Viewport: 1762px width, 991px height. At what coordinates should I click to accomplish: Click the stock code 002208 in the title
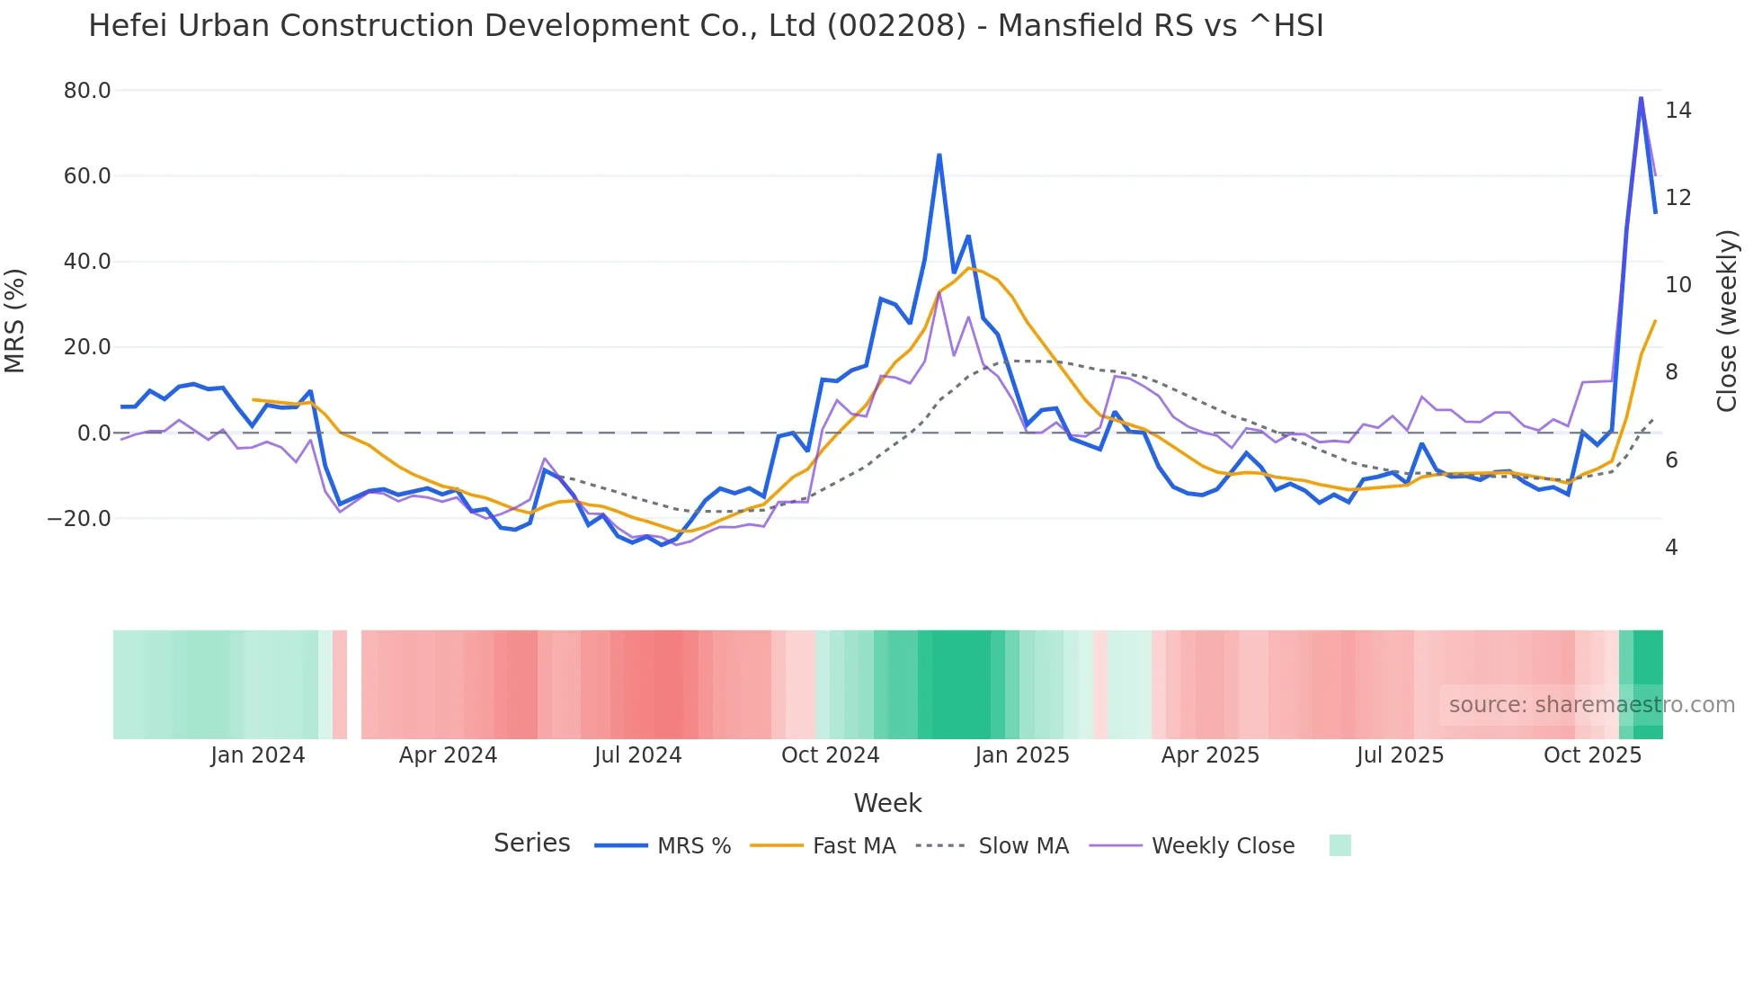point(895,26)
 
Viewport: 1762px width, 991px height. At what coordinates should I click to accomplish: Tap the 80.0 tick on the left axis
point(87,91)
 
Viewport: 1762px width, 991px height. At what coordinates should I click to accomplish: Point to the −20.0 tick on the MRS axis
point(80,519)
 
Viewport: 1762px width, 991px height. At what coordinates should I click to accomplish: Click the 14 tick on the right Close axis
point(1677,111)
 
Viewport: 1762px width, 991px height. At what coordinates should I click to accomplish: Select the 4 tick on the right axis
point(1671,548)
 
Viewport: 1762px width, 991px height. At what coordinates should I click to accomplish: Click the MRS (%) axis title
point(15,321)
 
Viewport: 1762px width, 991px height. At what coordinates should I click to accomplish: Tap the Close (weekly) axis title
point(1726,321)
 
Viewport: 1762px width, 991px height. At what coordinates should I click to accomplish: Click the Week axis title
point(887,803)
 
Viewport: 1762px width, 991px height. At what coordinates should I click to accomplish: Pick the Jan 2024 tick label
point(258,755)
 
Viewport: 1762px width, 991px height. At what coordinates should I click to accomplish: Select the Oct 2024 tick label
point(830,755)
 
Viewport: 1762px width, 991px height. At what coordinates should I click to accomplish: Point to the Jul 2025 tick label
point(1400,755)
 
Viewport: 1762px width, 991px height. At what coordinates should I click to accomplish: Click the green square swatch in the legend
point(1339,845)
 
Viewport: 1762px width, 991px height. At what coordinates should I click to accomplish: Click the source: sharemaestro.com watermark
point(1591,705)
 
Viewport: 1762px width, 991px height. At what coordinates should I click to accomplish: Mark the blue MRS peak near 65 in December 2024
point(939,156)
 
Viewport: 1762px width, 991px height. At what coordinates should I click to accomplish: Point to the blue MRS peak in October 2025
point(1641,98)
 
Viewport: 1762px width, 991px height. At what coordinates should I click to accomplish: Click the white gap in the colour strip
point(354,684)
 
